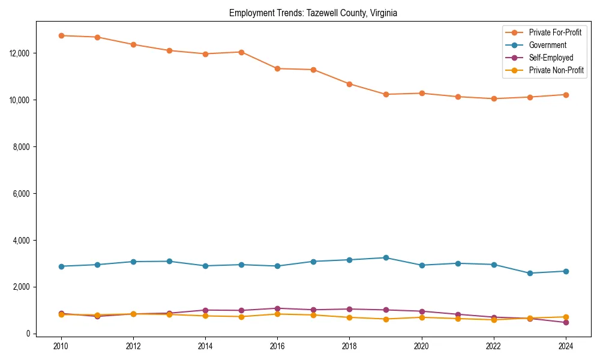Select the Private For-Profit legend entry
[x=555, y=32]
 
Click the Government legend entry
[x=547, y=45]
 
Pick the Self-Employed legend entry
[x=551, y=58]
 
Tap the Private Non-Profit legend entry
[x=556, y=70]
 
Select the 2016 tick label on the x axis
[x=277, y=346]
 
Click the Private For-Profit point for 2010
[x=61, y=35]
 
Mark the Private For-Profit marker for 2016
[x=277, y=68]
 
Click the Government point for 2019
[x=386, y=257]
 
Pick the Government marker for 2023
[x=530, y=273]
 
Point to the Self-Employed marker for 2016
[x=277, y=308]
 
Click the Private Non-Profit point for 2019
[x=386, y=319]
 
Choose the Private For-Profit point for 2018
[x=350, y=84]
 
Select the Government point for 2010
[x=61, y=266]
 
